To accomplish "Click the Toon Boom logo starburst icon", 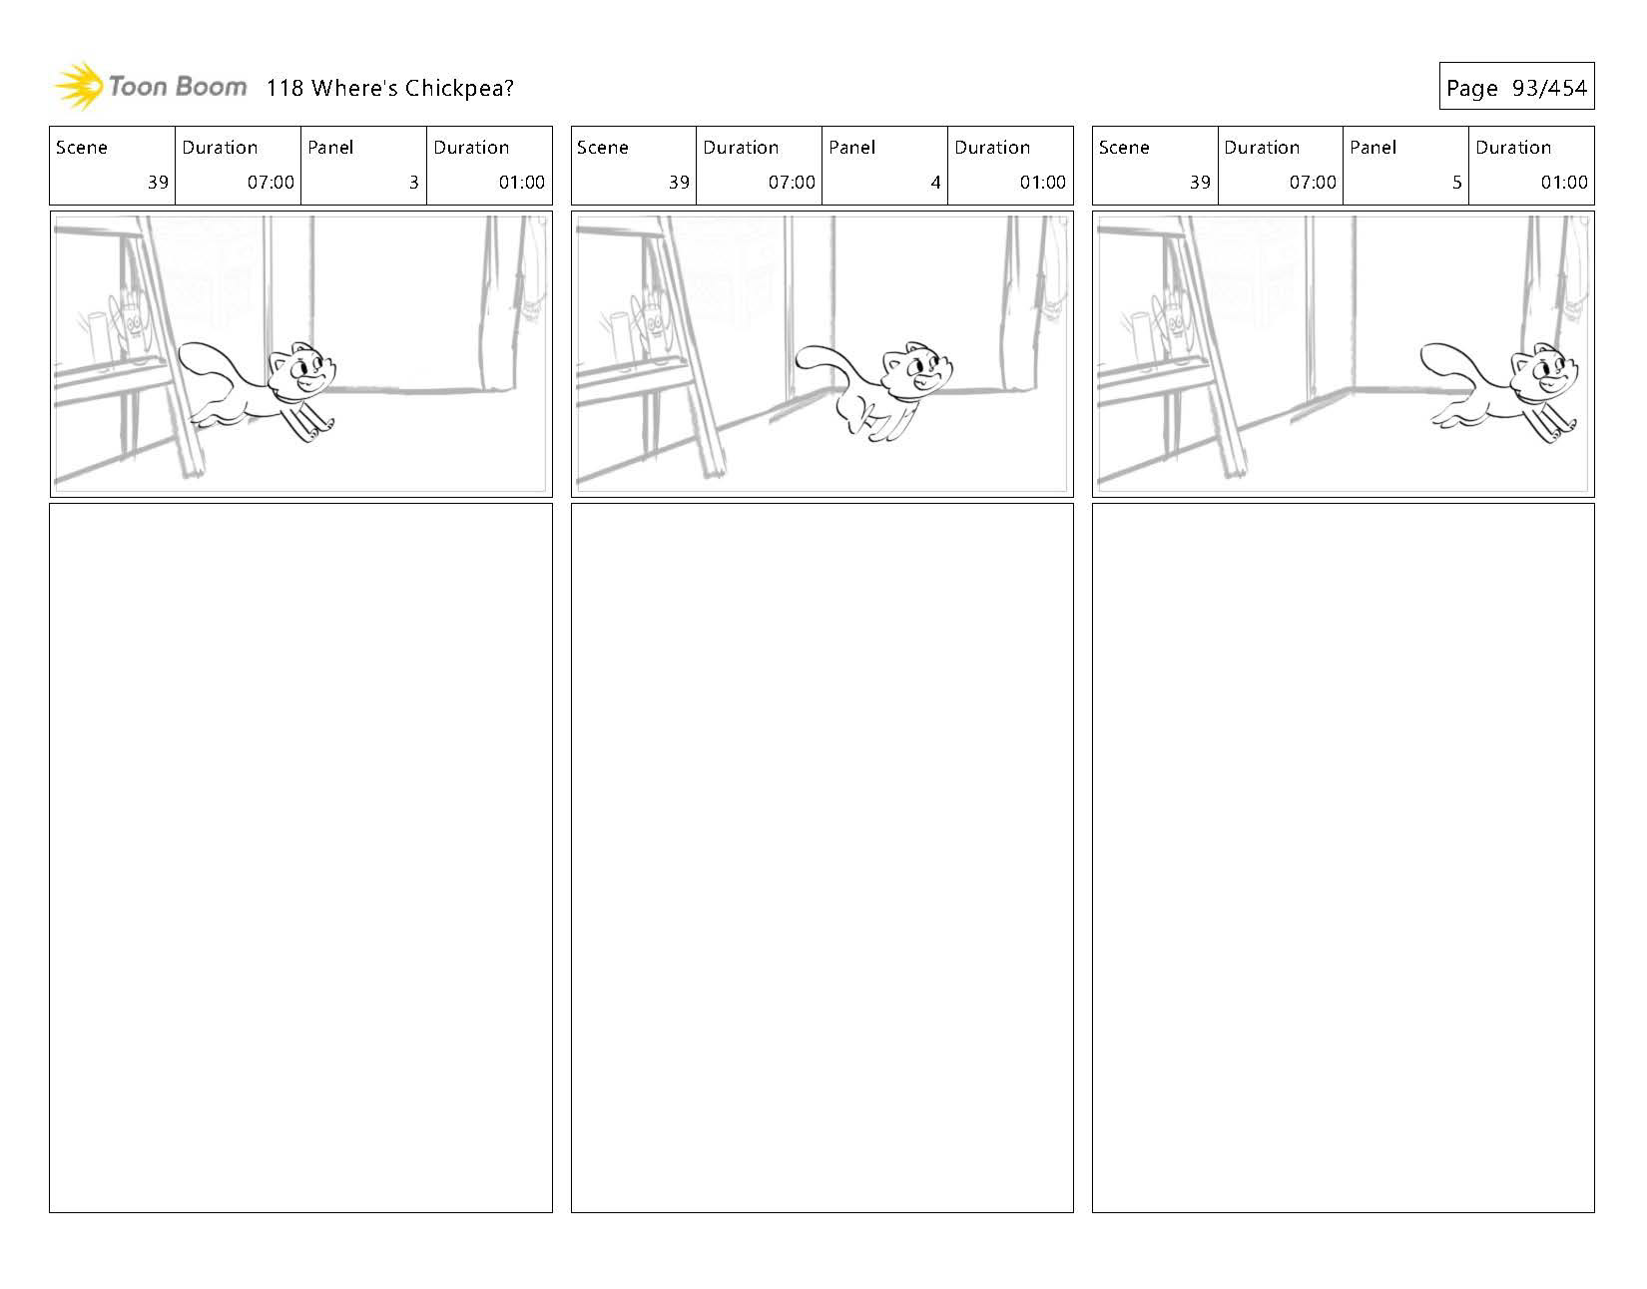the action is [78, 86].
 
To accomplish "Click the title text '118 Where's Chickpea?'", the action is [389, 88].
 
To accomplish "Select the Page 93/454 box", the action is [1515, 88].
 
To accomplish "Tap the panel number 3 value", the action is [413, 183].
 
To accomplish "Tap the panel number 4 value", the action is [935, 183].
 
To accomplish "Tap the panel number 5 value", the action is [1456, 183].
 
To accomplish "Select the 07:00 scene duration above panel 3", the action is [271, 183].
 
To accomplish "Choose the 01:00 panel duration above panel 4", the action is [1042, 183].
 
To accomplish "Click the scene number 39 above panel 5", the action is [1199, 183].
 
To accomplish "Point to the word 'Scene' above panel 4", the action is [603, 148].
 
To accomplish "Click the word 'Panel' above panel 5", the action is [1372, 148].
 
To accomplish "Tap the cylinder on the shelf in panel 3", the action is [98, 338].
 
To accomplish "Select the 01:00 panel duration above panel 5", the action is [1563, 183].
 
